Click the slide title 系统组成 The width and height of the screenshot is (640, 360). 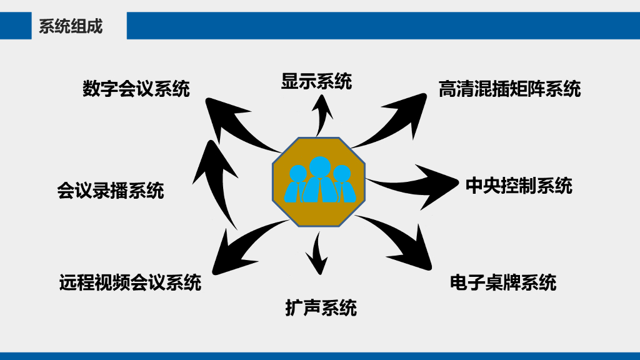71,26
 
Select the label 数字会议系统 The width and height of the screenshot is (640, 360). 136,89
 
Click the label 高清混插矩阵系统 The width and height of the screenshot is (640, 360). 509,89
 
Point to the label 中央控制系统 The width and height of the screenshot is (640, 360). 519,186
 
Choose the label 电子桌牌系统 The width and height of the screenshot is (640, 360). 503,282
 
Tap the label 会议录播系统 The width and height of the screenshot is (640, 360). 111,190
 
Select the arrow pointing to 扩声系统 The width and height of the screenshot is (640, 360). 318,254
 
